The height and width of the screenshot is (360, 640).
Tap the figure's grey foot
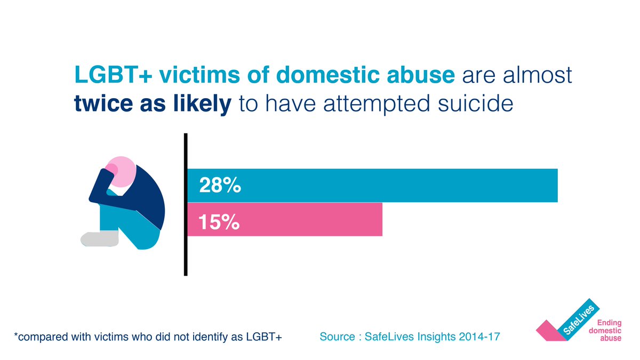coord(99,239)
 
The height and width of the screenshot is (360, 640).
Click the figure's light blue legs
coord(133,229)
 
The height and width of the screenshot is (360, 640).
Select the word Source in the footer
coord(338,337)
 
